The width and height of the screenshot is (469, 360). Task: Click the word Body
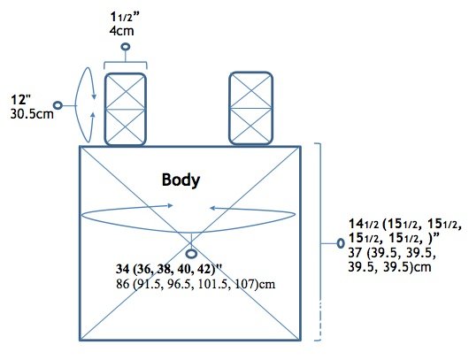tap(181, 180)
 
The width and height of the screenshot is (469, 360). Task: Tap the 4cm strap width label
tap(121, 31)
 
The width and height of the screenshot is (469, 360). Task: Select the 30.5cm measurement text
tap(32, 114)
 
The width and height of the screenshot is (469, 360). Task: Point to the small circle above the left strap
tap(126, 47)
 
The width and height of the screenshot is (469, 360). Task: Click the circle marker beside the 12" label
tap(58, 105)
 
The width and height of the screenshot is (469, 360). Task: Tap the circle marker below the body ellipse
tap(191, 254)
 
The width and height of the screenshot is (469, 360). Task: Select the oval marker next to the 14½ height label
tap(341, 243)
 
